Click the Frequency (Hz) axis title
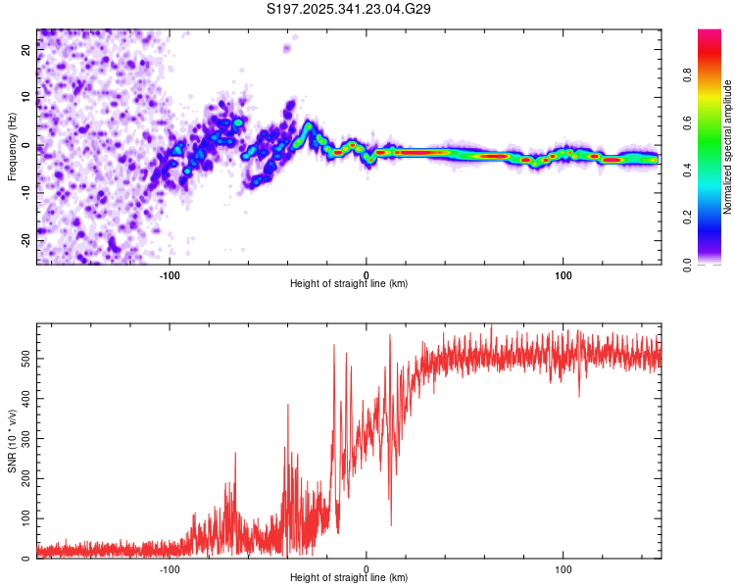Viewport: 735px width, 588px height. pyautogui.click(x=12, y=146)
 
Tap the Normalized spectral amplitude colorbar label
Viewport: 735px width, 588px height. pyautogui.click(x=727, y=148)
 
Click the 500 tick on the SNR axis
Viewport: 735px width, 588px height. pyautogui.click(x=22, y=358)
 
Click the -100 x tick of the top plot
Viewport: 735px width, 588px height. pyautogui.click(x=170, y=274)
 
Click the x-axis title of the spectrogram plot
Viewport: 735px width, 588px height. pyautogui.click(x=350, y=284)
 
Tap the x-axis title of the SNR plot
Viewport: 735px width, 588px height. pyautogui.click(x=350, y=578)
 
